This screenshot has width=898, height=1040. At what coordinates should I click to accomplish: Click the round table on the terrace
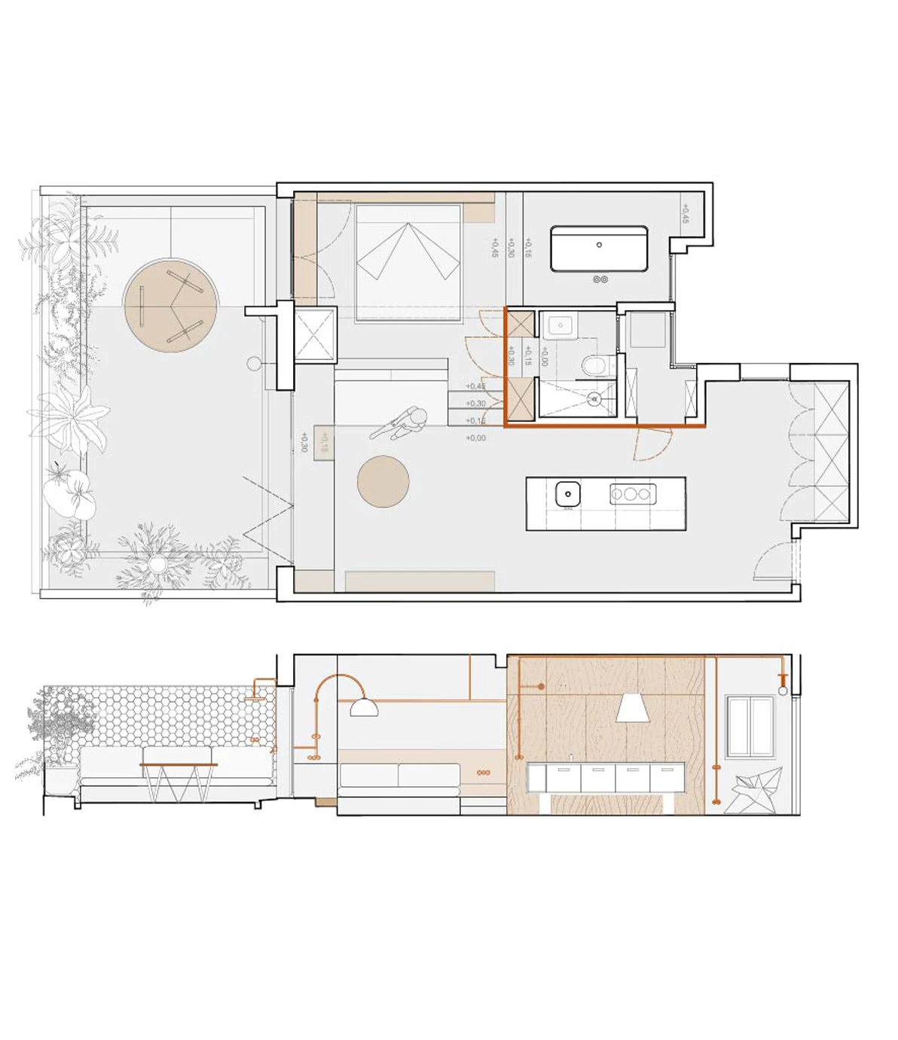tap(171, 305)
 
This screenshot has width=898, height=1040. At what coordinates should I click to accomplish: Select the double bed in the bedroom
tap(408, 262)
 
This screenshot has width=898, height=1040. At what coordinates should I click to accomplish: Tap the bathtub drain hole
tap(599, 245)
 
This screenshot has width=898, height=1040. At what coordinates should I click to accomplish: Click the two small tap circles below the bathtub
tap(600, 279)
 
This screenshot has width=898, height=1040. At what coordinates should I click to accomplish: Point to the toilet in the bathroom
tap(596, 366)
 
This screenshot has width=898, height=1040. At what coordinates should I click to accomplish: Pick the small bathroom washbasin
tap(560, 327)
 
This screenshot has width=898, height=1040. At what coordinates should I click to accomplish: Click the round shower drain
tap(594, 400)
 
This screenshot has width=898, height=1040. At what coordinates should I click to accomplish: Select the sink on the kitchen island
tap(567, 495)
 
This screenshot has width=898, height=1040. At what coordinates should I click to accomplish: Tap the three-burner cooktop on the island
tap(632, 494)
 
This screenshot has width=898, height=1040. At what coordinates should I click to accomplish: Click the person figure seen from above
tap(401, 423)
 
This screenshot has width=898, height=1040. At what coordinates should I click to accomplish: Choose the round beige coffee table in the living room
tap(383, 481)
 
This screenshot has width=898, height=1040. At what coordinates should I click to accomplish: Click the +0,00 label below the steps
tap(475, 438)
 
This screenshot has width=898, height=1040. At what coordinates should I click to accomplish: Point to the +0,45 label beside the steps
tap(475, 386)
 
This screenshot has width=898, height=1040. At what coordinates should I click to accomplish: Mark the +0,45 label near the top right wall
tap(685, 214)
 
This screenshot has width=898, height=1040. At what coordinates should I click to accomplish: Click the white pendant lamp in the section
tap(633, 709)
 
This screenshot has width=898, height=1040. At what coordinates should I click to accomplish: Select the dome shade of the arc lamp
tap(364, 708)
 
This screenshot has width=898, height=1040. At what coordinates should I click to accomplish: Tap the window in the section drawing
tap(750, 727)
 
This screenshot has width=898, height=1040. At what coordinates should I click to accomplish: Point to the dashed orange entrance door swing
tap(652, 444)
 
